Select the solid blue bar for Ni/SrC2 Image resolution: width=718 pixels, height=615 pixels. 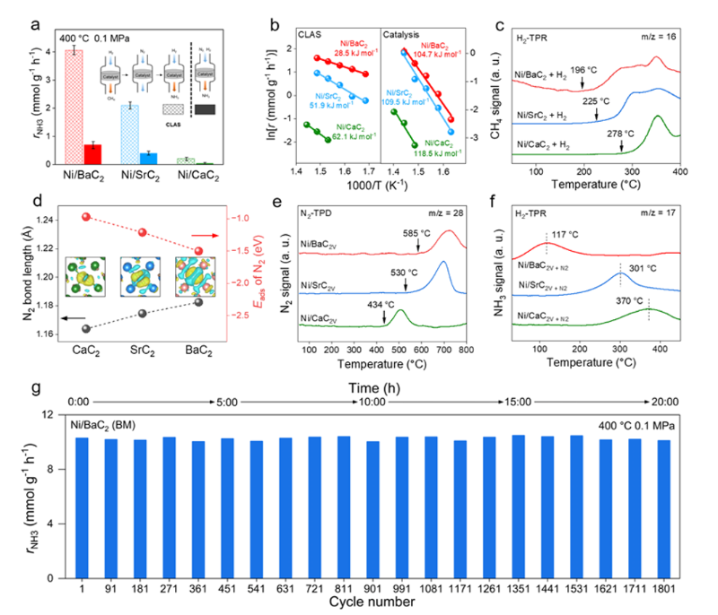pos(149,159)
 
